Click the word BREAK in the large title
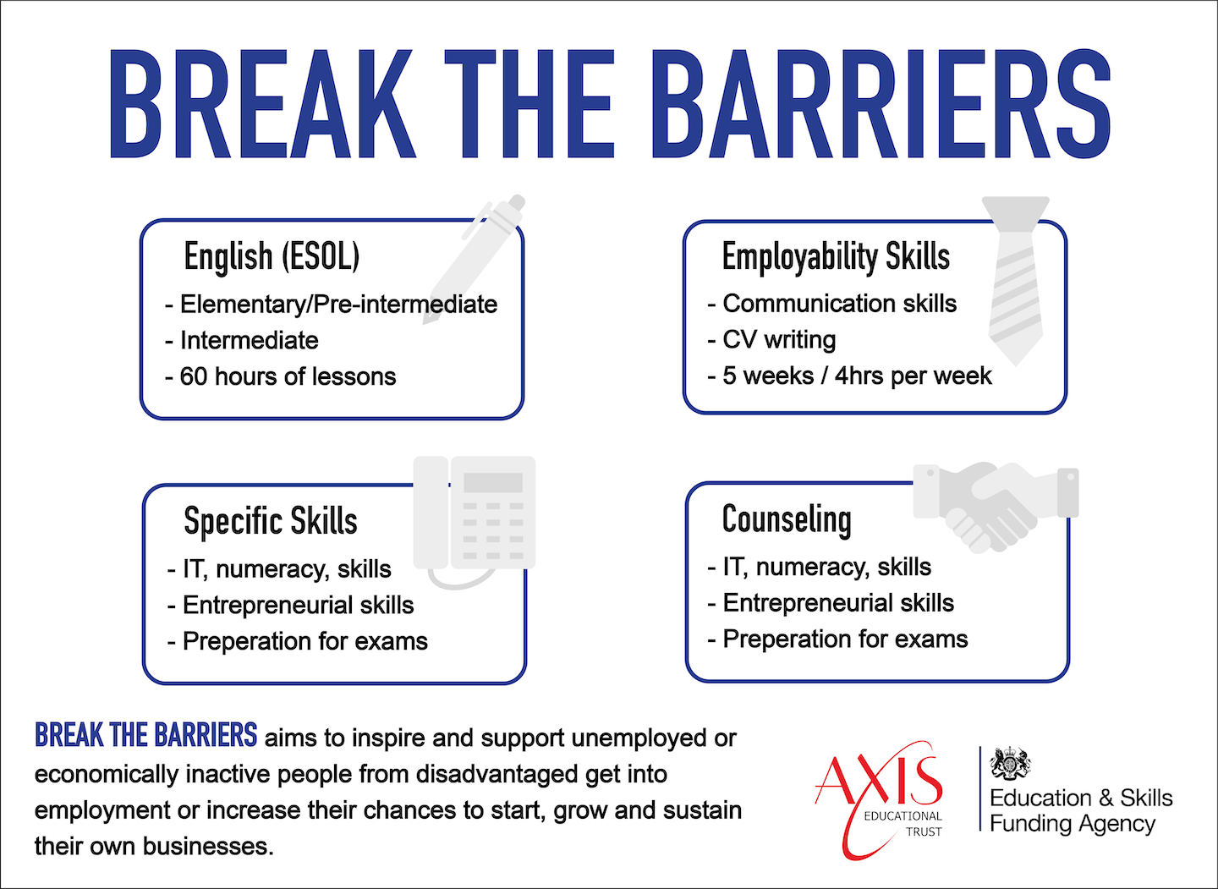click(263, 104)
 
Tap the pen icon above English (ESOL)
click(475, 260)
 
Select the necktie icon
click(1016, 280)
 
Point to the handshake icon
click(996, 507)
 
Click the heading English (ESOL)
click(272, 256)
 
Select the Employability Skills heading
click(836, 256)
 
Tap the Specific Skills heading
click(271, 521)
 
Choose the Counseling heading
click(787, 520)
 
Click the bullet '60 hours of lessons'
click(281, 376)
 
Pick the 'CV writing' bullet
click(771, 340)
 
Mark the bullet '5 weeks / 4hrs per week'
click(849, 376)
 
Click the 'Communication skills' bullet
click(832, 304)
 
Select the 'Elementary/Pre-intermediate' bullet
click(332, 304)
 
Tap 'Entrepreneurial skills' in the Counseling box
click(831, 602)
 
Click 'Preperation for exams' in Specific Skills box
click(298, 641)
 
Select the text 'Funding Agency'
click(1073, 825)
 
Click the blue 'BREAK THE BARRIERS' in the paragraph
click(145, 735)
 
